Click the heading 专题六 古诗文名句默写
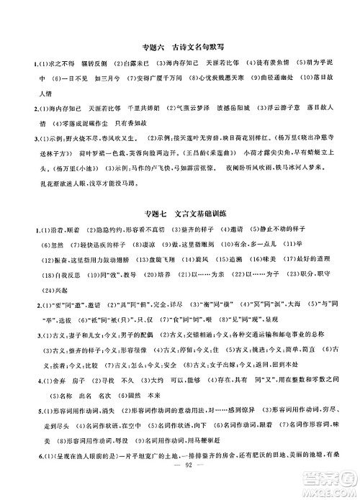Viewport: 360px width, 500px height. pyautogui.click(x=179, y=48)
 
